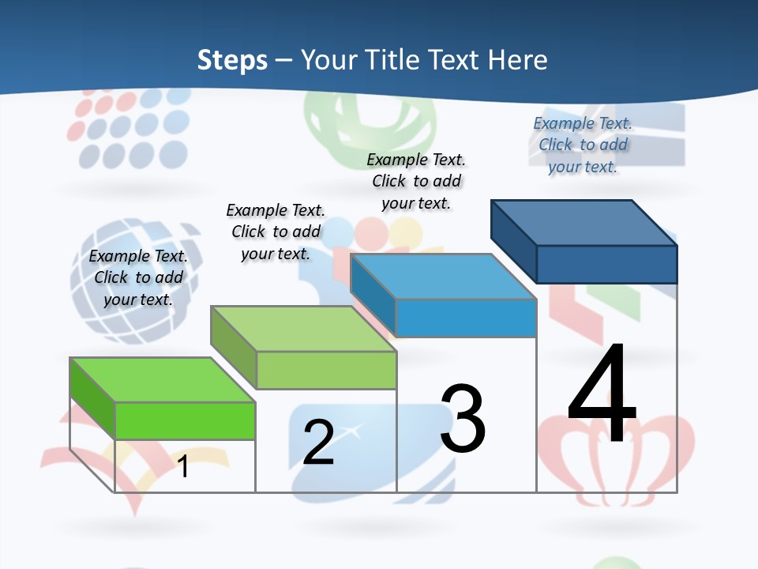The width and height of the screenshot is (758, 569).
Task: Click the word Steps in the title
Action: pos(232,60)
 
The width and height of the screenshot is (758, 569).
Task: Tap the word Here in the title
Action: pos(517,60)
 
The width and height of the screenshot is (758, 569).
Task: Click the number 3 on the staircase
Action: pos(463,419)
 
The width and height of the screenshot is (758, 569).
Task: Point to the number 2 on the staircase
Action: pos(318,442)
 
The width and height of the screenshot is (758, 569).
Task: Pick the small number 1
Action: pos(183,466)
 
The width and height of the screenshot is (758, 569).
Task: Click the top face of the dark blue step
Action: pos(584,223)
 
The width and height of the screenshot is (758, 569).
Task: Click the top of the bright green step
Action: pos(163,380)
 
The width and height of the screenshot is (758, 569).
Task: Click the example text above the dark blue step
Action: pos(583,145)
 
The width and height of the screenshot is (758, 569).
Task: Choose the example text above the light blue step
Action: pos(416,181)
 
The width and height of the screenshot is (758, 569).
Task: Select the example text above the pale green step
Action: pos(276,232)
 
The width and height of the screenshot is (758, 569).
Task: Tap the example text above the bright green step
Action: pos(138,277)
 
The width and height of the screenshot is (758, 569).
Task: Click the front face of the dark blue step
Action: pos(606,264)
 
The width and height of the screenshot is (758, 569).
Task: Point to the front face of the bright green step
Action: pos(185,420)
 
